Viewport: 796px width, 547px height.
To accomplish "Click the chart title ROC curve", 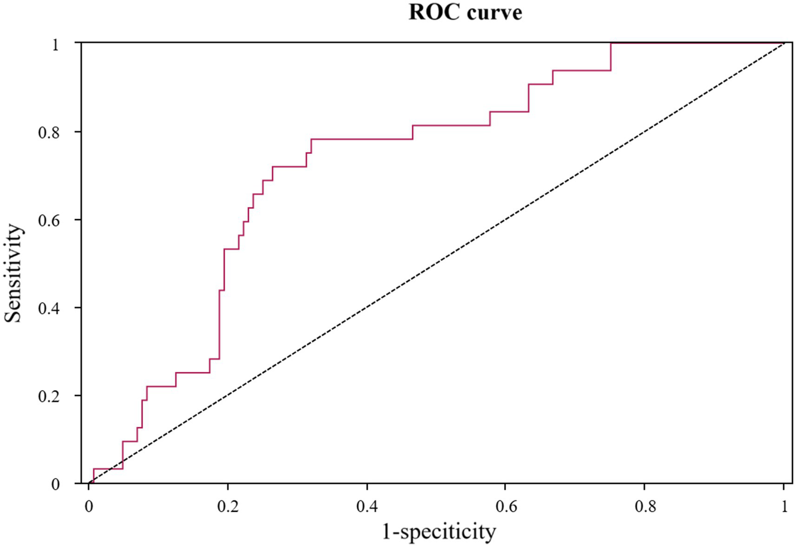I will pos(465,12).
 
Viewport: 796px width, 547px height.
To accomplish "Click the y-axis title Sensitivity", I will pos(14,273).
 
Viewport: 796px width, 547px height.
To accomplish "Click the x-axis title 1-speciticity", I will pos(439,531).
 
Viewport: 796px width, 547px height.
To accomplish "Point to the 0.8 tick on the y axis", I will pos(49,133).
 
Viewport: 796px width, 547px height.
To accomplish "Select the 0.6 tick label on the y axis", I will pos(49,221).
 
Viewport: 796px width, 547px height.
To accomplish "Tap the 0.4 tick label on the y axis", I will pos(49,309).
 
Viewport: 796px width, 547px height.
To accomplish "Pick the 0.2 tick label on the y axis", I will pos(49,397).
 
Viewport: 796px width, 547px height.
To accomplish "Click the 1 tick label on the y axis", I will pos(55,45).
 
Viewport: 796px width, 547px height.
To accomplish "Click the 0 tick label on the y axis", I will pos(55,485).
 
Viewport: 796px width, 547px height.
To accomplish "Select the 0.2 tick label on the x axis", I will pos(228,507).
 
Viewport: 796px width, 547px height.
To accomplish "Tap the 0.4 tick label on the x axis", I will pos(367,507).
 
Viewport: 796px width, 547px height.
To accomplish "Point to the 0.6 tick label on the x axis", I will pos(506,507).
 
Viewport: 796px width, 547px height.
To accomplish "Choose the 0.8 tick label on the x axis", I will pos(645,507).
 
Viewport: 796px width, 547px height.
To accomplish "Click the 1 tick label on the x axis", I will pos(785,507).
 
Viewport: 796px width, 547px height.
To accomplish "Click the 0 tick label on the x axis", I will pos(89,507).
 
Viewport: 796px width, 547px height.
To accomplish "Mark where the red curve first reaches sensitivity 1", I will pos(611,43).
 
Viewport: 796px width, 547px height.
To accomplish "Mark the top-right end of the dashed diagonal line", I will pos(784,44).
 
